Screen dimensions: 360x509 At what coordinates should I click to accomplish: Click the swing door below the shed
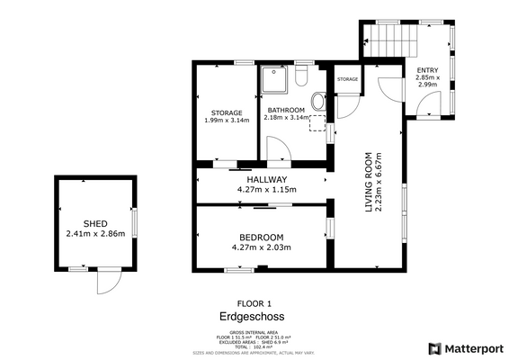point(108,281)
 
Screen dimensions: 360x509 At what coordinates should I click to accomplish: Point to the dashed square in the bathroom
point(317,122)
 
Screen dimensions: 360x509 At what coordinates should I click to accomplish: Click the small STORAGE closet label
point(348,79)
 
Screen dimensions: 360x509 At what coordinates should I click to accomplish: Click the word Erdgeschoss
point(254,317)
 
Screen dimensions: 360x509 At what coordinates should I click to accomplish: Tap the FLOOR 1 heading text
point(254,303)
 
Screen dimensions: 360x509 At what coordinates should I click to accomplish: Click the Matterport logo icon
point(435,348)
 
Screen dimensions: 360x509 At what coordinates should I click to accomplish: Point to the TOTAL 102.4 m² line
point(253,346)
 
